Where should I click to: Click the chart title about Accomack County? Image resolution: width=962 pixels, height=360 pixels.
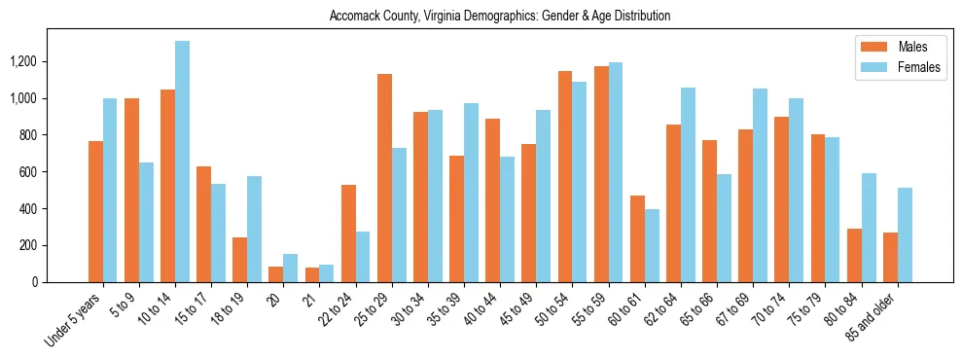pyautogui.click(x=500, y=17)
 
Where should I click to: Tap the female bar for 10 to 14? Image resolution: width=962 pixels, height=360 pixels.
pyautogui.click(x=182, y=162)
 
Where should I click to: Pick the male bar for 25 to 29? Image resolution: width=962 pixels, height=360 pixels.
pyautogui.click(x=384, y=178)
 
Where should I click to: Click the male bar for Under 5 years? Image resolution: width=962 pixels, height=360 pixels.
pyautogui.click(x=95, y=211)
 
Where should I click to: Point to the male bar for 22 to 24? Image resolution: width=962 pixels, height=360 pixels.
pyautogui.click(x=348, y=234)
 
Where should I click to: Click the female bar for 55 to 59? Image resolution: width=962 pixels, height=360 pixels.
pyautogui.click(x=615, y=172)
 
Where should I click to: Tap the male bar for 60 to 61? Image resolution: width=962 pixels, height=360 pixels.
pyautogui.click(x=637, y=238)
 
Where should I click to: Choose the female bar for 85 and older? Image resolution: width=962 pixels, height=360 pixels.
pyautogui.click(x=905, y=234)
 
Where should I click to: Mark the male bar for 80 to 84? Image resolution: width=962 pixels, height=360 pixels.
pyautogui.click(x=854, y=255)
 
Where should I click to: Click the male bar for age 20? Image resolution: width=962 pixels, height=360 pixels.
pyautogui.click(x=276, y=274)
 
